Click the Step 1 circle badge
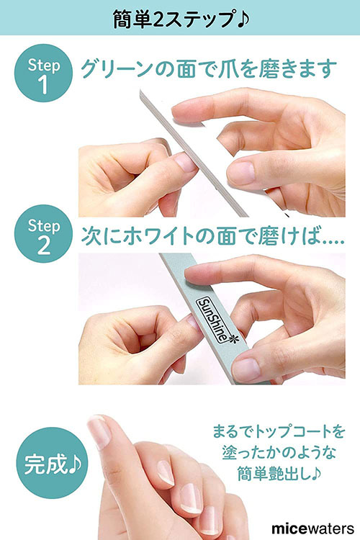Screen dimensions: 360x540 pos(43,73)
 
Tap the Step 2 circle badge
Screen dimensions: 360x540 pos(43,234)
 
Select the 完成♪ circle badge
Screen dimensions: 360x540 pos(52,462)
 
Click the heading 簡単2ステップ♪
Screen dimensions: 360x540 pos(181,19)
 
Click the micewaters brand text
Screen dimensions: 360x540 pos(312,528)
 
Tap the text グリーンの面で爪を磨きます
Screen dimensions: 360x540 pos(208,68)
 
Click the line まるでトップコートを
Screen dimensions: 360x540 pos(279,431)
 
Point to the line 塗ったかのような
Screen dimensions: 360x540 pos(279,453)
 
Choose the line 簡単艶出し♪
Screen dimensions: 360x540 pos(279,474)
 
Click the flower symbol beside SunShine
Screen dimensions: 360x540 pos(233,338)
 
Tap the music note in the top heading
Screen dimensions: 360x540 pos(243,19)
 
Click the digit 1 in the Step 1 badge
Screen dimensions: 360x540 pos(43,85)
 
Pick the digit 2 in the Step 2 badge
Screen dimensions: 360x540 pos(43,246)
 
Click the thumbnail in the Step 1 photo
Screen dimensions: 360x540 pos(240,172)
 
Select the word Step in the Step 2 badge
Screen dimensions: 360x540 pos(44,226)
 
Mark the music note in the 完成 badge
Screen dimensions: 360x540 pos(75,464)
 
